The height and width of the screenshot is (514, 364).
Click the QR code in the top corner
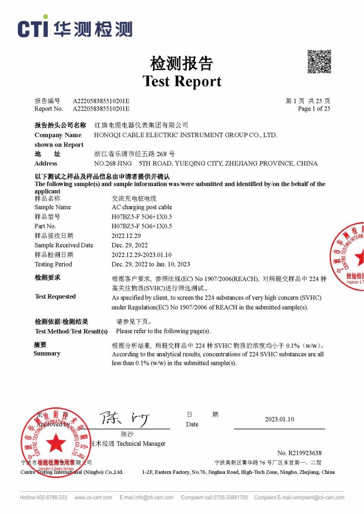point(319,62)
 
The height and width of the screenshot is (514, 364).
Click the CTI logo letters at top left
point(33,28)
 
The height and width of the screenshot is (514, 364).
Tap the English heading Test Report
point(182,81)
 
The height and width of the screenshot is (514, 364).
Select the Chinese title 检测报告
point(181,63)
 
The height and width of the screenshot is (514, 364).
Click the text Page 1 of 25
point(314,109)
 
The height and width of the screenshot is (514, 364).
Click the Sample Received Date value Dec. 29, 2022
point(130,245)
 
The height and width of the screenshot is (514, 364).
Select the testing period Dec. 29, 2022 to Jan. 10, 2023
point(151,264)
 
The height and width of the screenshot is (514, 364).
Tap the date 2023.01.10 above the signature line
point(280,419)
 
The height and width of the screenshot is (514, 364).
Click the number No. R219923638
point(299,453)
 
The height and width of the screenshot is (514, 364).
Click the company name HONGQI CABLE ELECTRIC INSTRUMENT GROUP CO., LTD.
point(186,135)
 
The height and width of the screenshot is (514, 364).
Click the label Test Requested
point(55,297)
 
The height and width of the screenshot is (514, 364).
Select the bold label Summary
point(47,354)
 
